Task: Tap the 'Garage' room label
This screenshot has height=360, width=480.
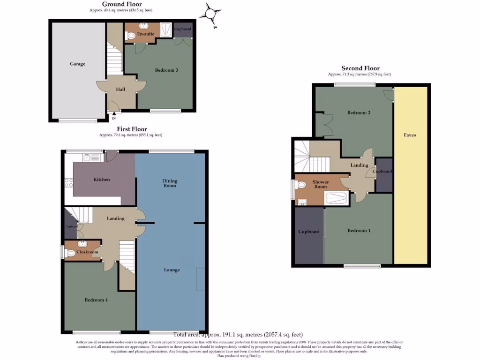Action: [78, 64]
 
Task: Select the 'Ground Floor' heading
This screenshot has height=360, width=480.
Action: [122, 4]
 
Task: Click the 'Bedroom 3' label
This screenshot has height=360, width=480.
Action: [166, 70]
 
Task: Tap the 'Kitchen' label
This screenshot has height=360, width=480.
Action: [102, 180]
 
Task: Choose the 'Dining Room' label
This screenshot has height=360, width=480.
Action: [170, 183]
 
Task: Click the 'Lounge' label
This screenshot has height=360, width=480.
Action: [172, 270]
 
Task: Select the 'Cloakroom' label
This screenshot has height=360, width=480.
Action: [88, 252]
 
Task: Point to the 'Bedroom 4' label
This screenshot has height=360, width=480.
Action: [96, 300]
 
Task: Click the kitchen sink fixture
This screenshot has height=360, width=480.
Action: [87, 158]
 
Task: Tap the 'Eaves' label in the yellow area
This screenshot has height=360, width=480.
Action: [410, 135]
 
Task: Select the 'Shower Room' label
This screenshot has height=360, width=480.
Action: [321, 184]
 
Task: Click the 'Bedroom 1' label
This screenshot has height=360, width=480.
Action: [359, 231]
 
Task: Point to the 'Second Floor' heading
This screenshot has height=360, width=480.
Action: [360, 68]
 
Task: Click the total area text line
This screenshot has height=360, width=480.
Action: [238, 335]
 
